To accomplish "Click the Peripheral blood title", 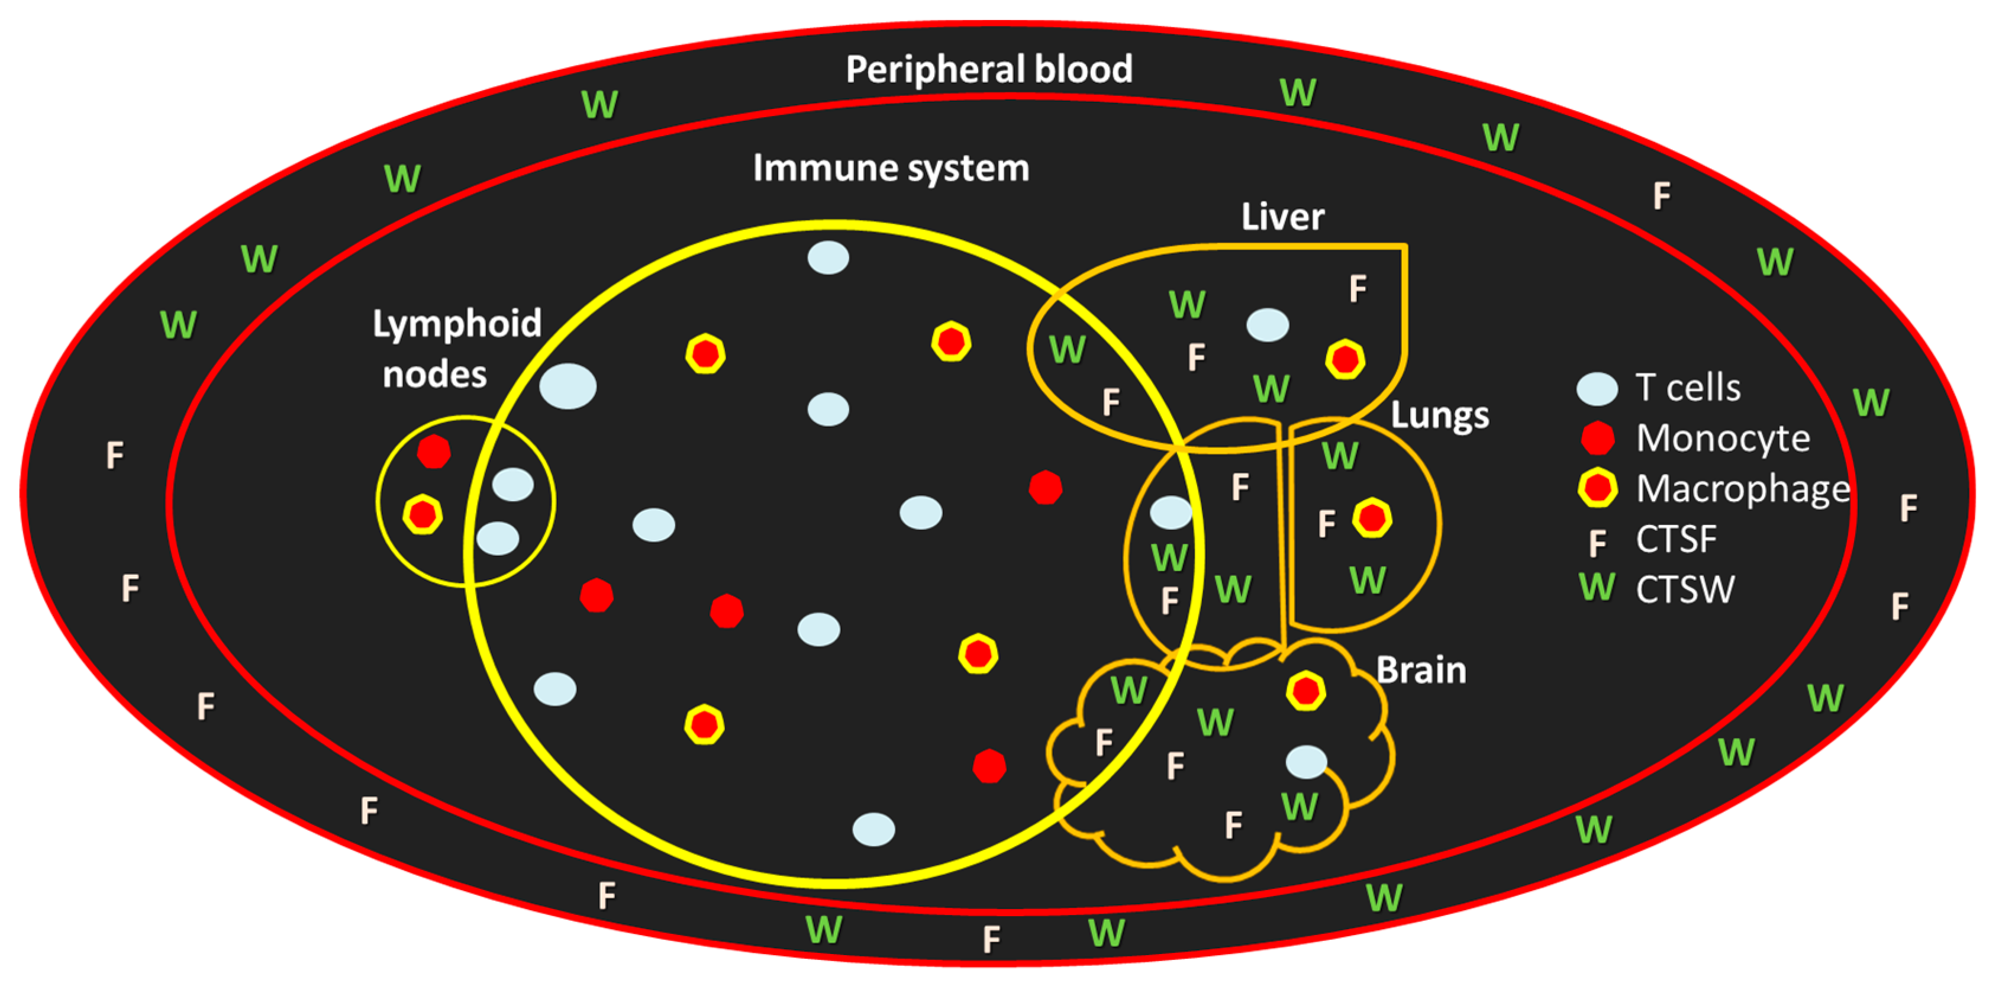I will (989, 70).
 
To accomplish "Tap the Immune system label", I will (891, 168).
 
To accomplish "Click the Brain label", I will (1421, 671).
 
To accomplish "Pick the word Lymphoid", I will (456, 324).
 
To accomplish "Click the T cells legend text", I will (1688, 387).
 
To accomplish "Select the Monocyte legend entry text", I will (1723, 439).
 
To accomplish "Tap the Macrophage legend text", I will (1742, 489).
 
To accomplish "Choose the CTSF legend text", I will (1676, 539).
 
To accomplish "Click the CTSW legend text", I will (1685, 589).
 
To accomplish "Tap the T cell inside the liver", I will (1267, 325).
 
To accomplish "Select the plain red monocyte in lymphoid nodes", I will (433, 451).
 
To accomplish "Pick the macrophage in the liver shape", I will (1345, 359).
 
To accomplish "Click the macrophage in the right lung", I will (1372, 518).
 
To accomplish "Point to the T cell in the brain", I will (1306, 762).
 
